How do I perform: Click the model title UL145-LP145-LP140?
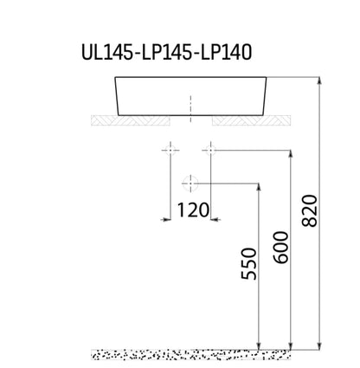coord(166,52)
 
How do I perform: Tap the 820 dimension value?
coord(309,210)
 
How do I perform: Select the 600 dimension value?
coord(280,248)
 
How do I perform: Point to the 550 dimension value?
coord(248,263)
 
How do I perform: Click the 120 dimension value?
coord(193,210)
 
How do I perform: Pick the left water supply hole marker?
coord(170,150)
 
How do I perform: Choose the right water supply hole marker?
coord(210,150)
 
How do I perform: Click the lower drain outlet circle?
coord(190,184)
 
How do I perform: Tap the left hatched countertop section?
coord(131,120)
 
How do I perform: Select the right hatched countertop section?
coord(251,120)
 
